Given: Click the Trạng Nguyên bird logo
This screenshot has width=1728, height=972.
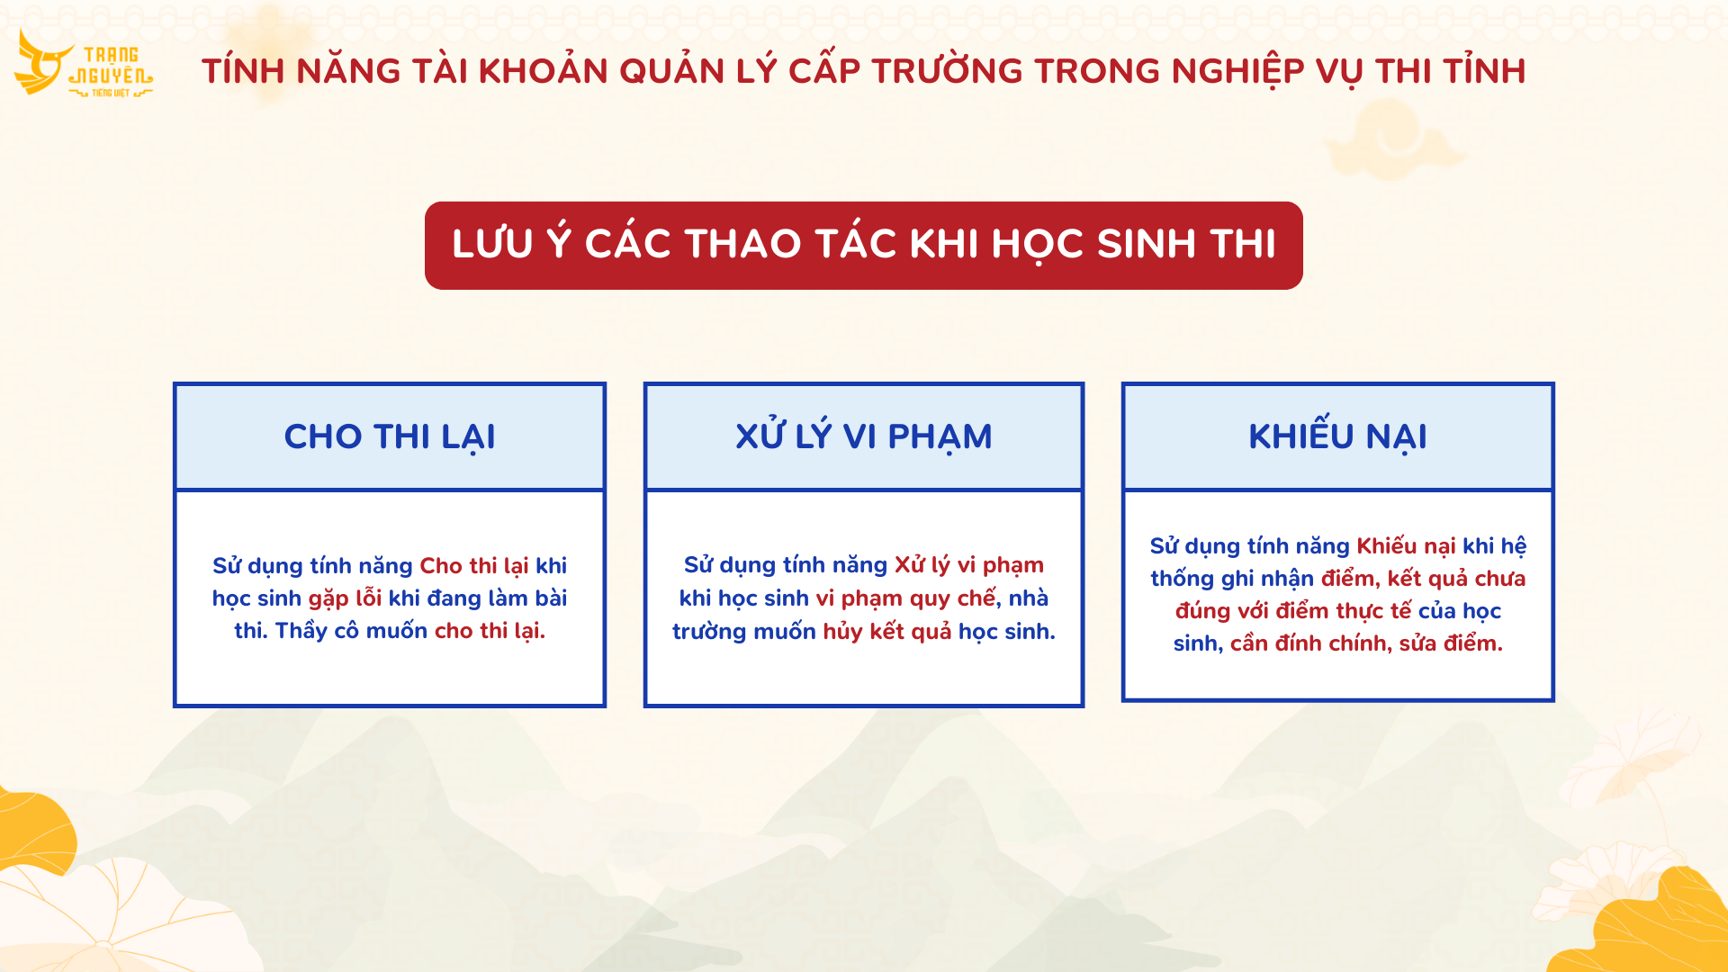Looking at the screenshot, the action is coord(83,63).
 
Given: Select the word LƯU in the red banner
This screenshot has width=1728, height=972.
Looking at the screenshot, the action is coord(492,244).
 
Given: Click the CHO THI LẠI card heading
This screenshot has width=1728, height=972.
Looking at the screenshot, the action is coord(390,436).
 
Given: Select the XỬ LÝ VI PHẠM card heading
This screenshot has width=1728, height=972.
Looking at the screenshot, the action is coord(864,436).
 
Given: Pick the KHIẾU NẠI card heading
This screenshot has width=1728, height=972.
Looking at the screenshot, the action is coord(1338,436).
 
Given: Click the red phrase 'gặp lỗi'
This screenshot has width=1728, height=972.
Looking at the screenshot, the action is coord(345,598).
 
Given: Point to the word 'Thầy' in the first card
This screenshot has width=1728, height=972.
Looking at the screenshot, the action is coord(301,630).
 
